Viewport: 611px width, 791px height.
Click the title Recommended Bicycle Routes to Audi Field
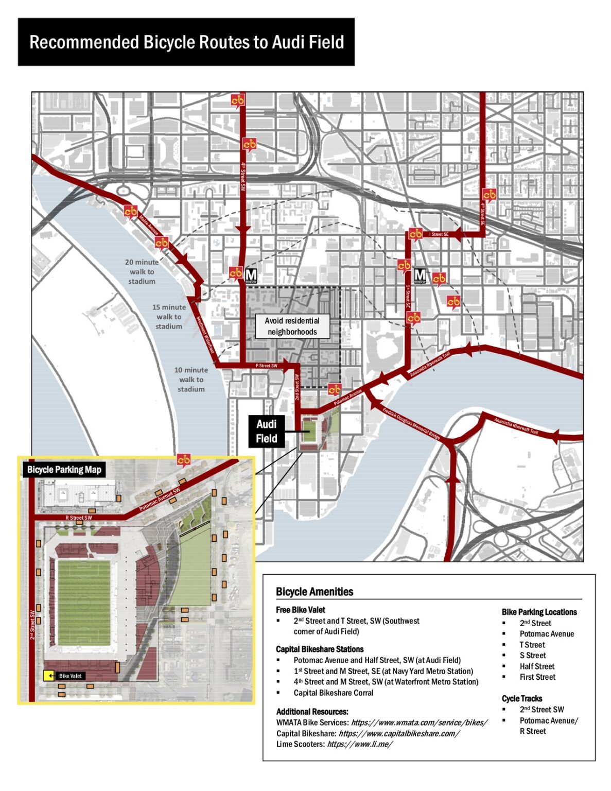point(186,42)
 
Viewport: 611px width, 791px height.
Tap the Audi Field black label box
point(266,432)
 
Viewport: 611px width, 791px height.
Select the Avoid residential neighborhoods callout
point(292,326)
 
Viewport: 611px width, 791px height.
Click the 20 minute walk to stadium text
point(142,271)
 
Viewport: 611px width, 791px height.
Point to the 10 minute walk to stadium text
point(191,380)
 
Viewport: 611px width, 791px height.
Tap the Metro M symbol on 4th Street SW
point(251,276)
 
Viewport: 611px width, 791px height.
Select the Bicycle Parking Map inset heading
point(64,470)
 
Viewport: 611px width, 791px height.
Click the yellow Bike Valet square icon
point(48,676)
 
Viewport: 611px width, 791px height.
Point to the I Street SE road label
point(439,234)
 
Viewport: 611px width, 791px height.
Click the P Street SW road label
point(266,366)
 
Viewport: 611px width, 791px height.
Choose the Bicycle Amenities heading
point(314,592)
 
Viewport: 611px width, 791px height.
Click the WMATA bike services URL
point(419,723)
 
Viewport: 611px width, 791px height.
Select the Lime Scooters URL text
point(359,744)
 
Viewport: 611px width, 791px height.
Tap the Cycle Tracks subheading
point(521,698)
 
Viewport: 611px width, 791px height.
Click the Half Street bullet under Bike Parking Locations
point(536,666)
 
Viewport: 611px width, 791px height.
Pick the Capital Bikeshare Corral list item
point(333,693)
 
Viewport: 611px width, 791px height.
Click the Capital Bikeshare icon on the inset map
point(184,460)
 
